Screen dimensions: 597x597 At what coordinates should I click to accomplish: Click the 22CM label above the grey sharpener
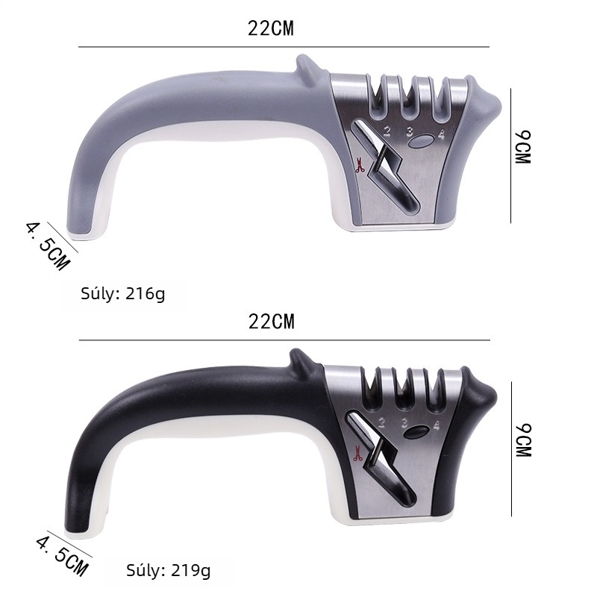271,28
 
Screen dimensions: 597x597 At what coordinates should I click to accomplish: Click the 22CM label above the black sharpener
272,322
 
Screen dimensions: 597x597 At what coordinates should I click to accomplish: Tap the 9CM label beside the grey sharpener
523,147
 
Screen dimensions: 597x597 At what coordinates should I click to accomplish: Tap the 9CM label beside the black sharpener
523,440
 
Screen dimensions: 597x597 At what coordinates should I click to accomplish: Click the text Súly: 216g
123,293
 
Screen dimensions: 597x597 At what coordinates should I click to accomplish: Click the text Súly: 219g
169,570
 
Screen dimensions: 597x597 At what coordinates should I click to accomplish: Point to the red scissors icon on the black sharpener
358,453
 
